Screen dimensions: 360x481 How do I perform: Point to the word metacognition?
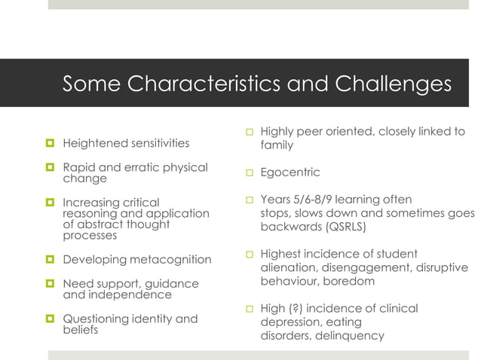pyautogui.click(x=171, y=260)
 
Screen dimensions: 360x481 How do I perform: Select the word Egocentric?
pyautogui.click(x=290, y=172)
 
